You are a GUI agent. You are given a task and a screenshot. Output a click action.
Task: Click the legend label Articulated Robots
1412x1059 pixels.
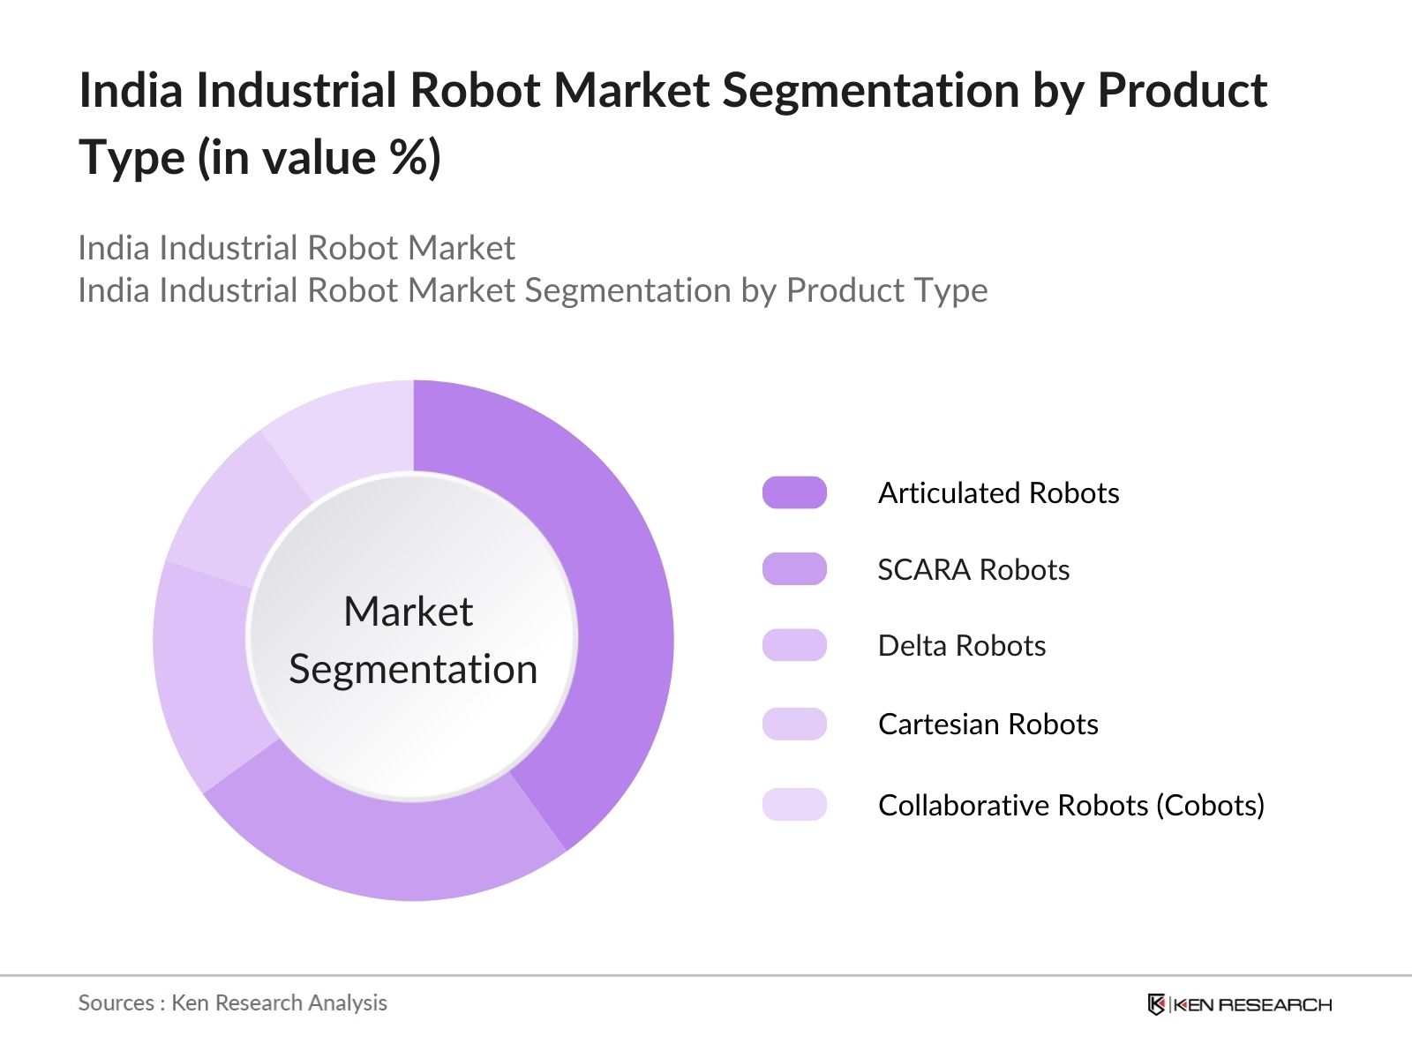click(998, 492)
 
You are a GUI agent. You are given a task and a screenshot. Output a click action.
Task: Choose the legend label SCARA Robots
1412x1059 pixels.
click(973, 570)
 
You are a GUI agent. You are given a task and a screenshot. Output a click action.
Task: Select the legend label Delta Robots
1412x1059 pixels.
click(962, 646)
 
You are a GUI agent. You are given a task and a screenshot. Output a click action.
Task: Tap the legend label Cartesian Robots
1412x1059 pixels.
click(988, 725)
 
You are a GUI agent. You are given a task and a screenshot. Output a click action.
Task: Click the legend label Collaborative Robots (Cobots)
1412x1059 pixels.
click(1071, 805)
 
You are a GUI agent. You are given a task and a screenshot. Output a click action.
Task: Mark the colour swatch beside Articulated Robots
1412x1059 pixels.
click(794, 492)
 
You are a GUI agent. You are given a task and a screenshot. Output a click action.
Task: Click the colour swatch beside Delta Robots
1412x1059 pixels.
click(794, 646)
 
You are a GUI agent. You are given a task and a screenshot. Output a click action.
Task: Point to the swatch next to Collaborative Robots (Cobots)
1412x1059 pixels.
click(794, 805)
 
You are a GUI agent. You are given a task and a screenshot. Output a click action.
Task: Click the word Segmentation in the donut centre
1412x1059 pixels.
click(413, 669)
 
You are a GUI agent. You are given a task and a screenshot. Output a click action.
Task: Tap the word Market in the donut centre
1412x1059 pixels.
click(408, 611)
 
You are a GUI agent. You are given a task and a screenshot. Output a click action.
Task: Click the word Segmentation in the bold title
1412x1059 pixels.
click(870, 90)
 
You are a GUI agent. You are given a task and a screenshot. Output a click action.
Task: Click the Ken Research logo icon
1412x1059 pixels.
click(1156, 1004)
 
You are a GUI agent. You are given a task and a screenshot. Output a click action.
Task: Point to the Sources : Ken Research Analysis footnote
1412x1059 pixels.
click(233, 1003)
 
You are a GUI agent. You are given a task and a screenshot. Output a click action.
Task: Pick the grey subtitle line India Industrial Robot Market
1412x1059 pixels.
click(297, 248)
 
